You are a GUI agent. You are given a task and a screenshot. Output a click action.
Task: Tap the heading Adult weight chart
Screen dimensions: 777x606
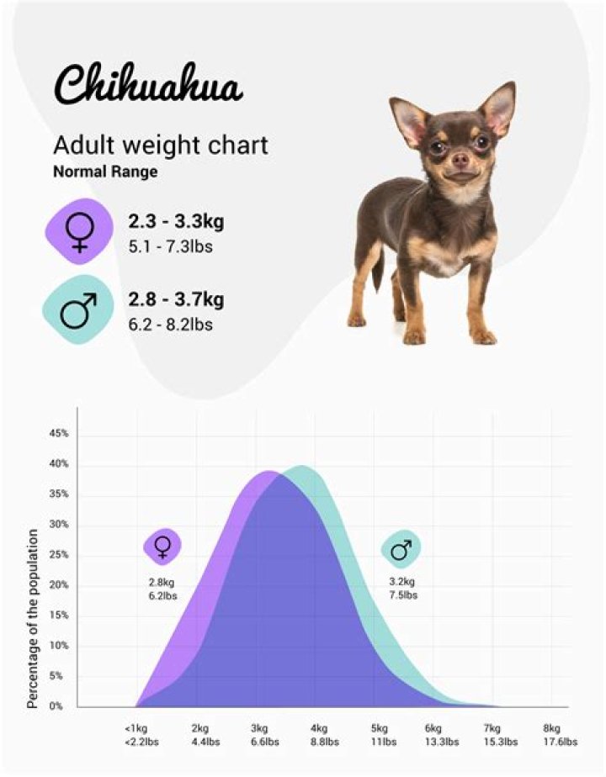(161, 145)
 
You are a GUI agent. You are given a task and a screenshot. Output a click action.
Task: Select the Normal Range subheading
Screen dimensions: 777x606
(105, 172)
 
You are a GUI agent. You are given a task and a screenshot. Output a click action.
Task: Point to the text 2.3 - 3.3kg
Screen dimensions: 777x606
(176, 223)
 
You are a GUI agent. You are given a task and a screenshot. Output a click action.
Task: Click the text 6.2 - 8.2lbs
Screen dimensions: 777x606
(170, 324)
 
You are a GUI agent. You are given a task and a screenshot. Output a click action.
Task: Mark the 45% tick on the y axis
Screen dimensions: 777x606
(58, 434)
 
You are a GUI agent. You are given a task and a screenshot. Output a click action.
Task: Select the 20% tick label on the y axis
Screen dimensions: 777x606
(58, 585)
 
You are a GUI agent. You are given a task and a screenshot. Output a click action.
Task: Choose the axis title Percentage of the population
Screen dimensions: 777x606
(33, 617)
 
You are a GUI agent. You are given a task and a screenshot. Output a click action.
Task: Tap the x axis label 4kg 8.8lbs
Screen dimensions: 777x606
(319, 734)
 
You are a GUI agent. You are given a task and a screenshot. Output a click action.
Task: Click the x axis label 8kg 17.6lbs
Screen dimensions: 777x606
(552, 734)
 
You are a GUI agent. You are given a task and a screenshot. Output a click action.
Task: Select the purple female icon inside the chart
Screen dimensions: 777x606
(162, 547)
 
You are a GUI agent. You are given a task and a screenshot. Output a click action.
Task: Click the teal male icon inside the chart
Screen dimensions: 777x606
(401, 549)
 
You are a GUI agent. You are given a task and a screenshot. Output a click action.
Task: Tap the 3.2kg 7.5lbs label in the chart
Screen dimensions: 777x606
(401, 588)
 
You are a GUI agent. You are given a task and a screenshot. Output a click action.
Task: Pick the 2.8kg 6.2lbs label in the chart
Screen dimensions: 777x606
(162, 589)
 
